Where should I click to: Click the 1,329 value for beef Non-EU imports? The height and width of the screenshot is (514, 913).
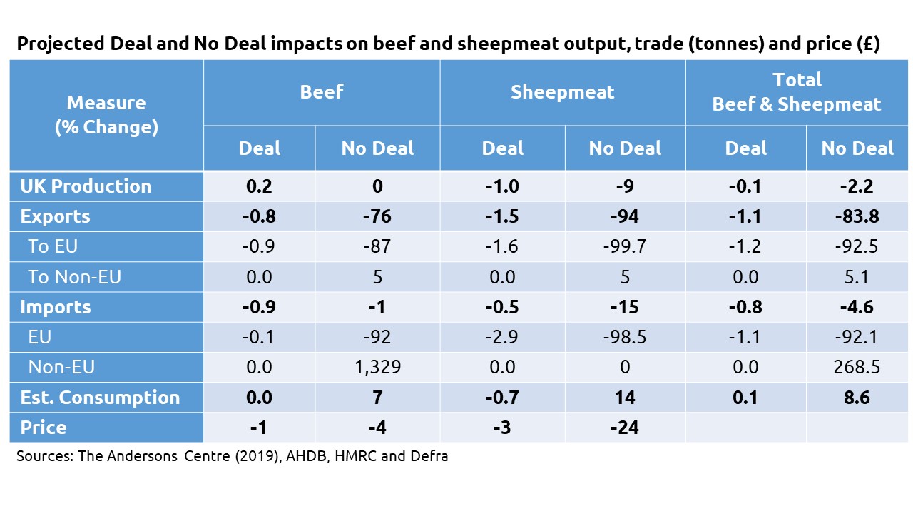[377, 367]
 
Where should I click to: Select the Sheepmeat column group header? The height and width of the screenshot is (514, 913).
[562, 92]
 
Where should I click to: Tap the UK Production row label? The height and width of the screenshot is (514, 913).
[86, 186]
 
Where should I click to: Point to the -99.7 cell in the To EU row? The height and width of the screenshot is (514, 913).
[625, 246]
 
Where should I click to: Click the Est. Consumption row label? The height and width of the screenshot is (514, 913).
[100, 398]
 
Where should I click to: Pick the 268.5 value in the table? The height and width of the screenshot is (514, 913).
[857, 367]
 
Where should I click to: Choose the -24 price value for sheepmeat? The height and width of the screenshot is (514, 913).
[625, 428]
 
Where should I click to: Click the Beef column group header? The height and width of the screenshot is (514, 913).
[321, 92]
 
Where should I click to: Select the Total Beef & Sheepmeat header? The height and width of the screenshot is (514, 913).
[797, 92]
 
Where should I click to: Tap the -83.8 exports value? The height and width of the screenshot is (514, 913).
[857, 216]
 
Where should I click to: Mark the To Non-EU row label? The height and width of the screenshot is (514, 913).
[74, 276]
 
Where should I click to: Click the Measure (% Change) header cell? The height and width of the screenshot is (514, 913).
[106, 115]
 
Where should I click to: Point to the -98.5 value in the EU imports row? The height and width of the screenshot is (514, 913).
[625, 337]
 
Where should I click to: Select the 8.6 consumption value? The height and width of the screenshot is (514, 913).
[857, 398]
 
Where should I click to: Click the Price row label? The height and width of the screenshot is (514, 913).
[44, 428]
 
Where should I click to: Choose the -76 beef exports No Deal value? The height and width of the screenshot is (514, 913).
[377, 216]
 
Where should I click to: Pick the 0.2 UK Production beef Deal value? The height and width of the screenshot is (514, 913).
[259, 186]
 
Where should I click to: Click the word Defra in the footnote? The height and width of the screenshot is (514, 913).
[429, 456]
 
